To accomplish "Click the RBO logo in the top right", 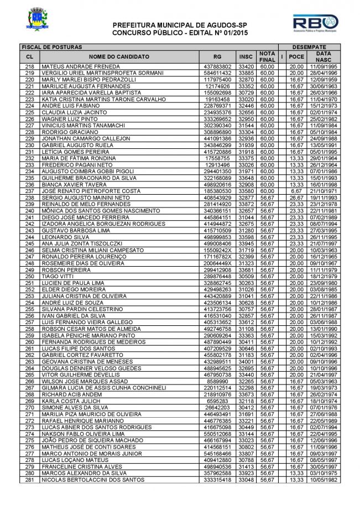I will coord(316,25).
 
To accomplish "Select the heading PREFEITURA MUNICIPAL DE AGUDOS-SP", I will coord(180,26).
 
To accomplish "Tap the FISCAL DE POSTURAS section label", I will coord(48,47).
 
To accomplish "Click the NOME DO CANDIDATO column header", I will coord(118,56).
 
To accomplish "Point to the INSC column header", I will coord(246,56).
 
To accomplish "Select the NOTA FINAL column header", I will coord(267,56).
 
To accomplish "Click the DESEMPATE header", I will coord(309,47).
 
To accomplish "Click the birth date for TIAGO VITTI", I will coord(320,276).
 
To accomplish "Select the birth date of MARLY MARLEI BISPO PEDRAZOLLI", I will coord(320,79).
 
